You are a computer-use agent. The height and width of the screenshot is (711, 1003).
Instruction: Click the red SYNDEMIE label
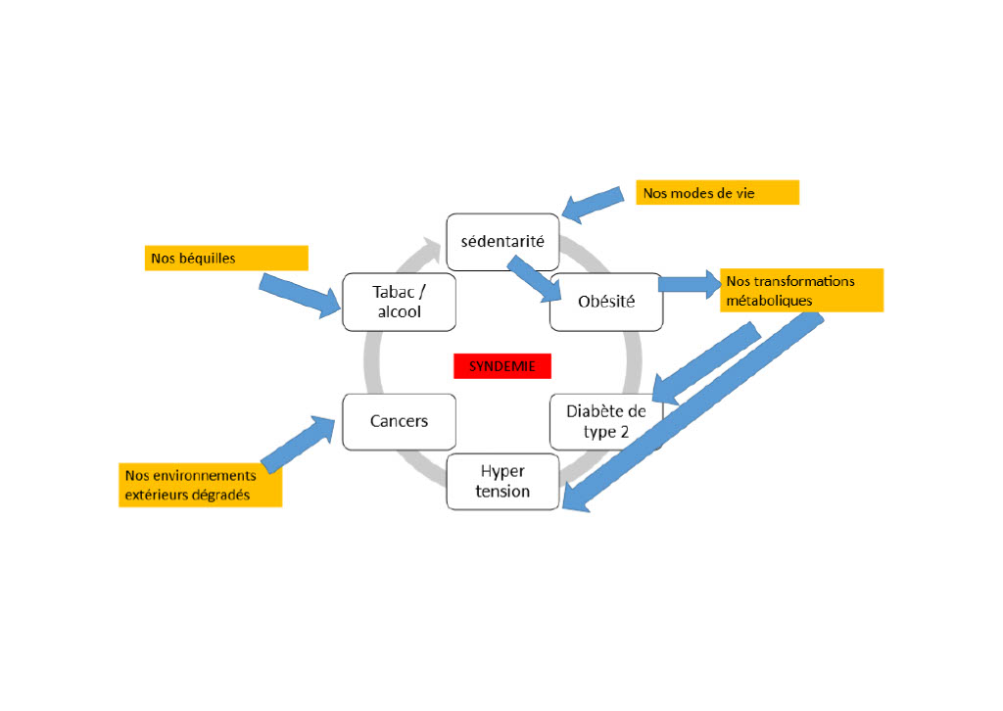[501, 366]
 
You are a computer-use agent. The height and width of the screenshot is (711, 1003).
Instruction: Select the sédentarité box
[502, 241]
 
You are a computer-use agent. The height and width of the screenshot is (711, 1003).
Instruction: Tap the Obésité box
[606, 302]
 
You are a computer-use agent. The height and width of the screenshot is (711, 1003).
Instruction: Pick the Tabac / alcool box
[399, 301]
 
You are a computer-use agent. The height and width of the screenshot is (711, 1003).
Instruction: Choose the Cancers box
[399, 421]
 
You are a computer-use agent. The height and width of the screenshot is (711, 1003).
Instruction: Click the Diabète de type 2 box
[605, 421]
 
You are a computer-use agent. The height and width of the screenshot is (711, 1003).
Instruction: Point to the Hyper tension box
[502, 481]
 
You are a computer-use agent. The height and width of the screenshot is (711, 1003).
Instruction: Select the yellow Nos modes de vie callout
[718, 193]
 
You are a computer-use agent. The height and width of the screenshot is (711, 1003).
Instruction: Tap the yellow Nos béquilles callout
[225, 258]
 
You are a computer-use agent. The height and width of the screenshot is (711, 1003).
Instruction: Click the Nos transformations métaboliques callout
[801, 290]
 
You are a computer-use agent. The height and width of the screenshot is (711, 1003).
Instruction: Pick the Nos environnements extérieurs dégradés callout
[201, 485]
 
